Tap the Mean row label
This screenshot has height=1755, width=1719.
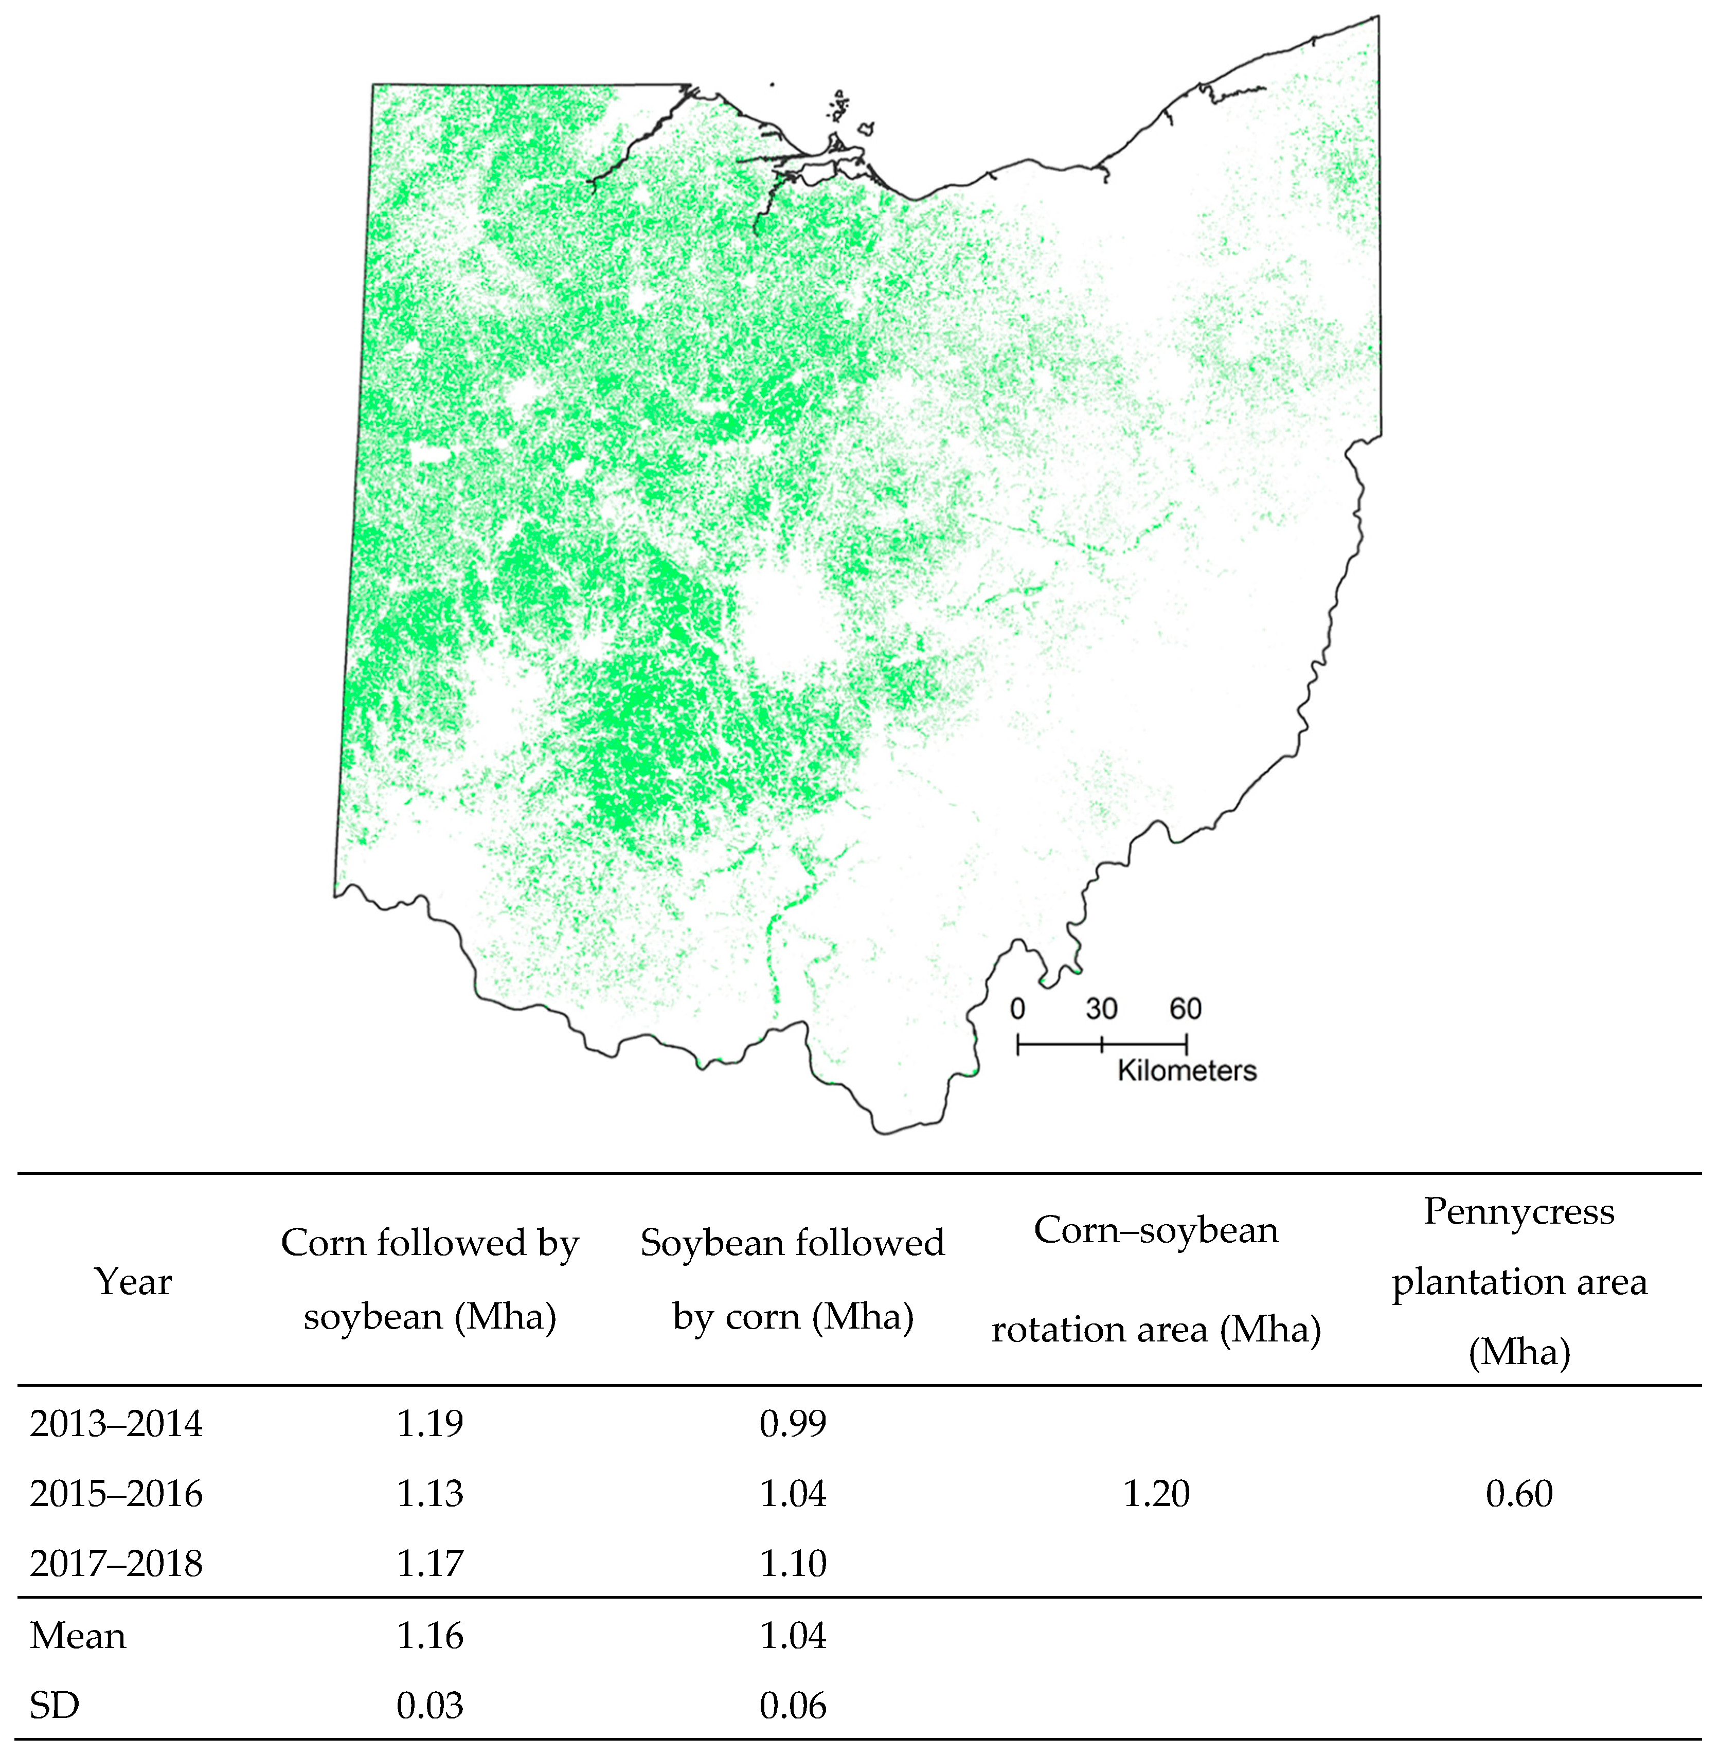[78, 1636]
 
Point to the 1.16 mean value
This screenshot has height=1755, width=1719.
[430, 1636]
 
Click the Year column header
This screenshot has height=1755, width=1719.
[133, 1282]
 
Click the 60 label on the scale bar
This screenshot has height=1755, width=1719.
[1186, 1008]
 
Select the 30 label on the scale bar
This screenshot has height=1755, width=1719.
[1101, 1008]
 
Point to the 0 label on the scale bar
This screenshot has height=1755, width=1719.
[1017, 1008]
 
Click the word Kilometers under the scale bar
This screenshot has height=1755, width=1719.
[1186, 1071]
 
